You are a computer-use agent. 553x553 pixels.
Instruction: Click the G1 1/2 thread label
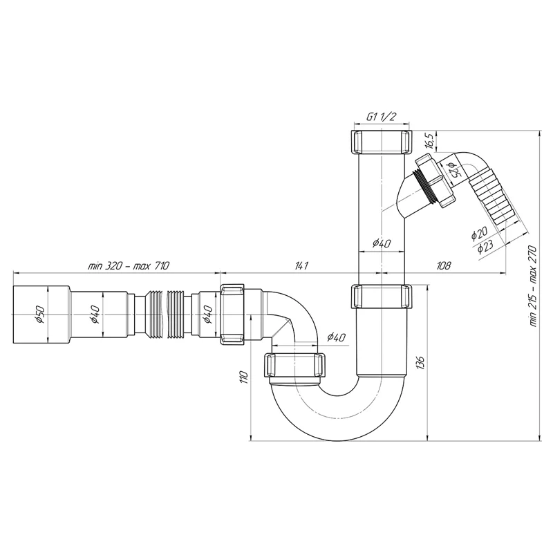tap(382, 117)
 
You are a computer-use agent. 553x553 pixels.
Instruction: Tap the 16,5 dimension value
tap(429, 141)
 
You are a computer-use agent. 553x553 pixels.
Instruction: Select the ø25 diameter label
tap(453, 171)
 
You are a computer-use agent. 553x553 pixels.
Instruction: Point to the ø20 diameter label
tap(479, 233)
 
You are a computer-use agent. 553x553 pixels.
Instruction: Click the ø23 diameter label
tap(486, 247)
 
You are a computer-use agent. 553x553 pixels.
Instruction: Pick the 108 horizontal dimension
tap(443, 265)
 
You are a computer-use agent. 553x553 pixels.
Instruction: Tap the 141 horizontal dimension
tap(301, 265)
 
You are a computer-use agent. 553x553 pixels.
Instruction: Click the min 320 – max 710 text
tap(129, 265)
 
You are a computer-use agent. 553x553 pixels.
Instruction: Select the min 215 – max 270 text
tap(532, 286)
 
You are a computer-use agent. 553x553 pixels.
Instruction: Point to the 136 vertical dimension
tap(420, 363)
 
